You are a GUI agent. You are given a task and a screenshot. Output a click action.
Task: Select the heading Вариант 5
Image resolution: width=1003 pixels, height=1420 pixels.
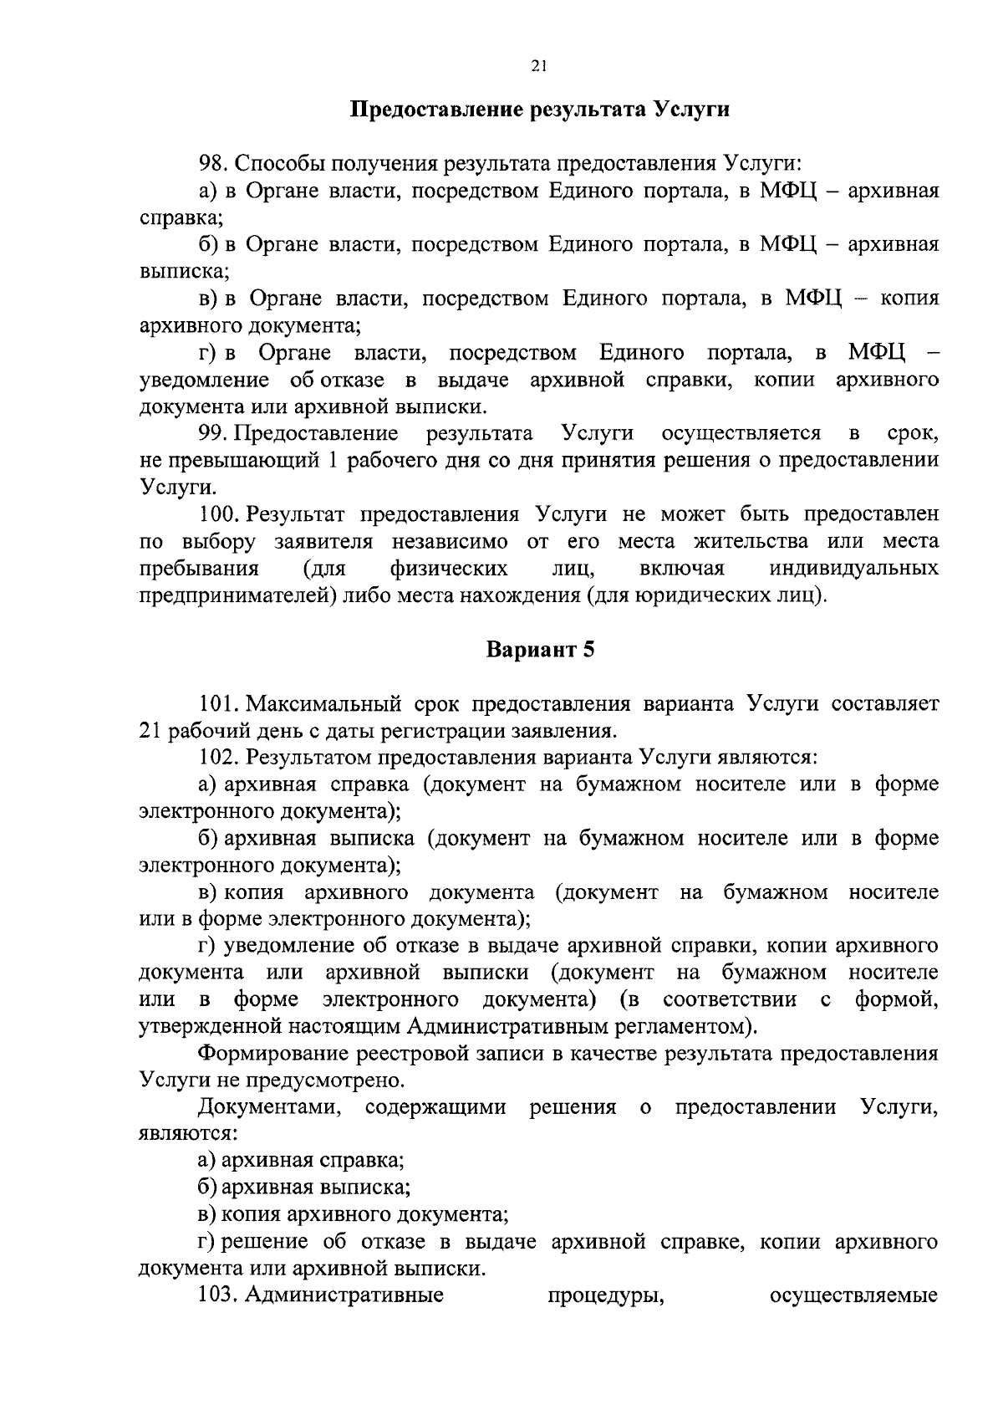click(539, 650)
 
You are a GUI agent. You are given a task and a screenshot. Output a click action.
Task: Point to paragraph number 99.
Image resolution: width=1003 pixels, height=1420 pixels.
click(213, 433)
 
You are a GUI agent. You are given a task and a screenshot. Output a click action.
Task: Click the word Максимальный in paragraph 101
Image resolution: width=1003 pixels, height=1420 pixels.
click(329, 703)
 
